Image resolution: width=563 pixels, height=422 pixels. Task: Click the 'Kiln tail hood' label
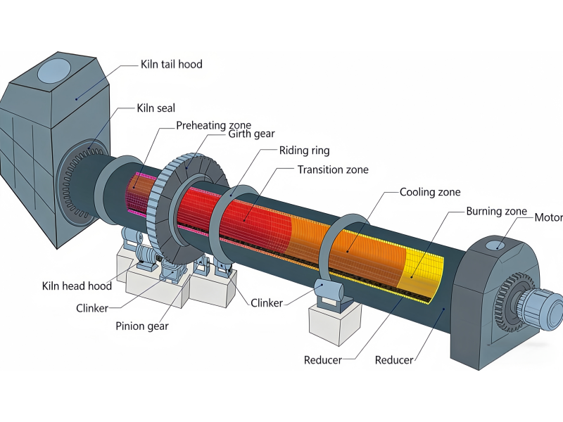click(171, 64)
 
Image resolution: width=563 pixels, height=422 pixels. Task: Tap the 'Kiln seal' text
click(156, 108)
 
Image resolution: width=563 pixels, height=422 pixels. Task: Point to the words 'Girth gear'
click(252, 134)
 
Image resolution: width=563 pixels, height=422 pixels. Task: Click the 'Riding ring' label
click(304, 151)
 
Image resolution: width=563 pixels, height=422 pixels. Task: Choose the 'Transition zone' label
click(332, 170)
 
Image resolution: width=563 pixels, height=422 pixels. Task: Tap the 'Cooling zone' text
click(431, 191)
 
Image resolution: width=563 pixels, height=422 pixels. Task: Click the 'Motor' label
click(549, 217)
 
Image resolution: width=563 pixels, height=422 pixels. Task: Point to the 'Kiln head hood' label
click(77, 286)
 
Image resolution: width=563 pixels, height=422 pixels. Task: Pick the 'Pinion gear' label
click(142, 326)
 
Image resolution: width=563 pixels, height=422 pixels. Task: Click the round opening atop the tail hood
click(53, 70)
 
